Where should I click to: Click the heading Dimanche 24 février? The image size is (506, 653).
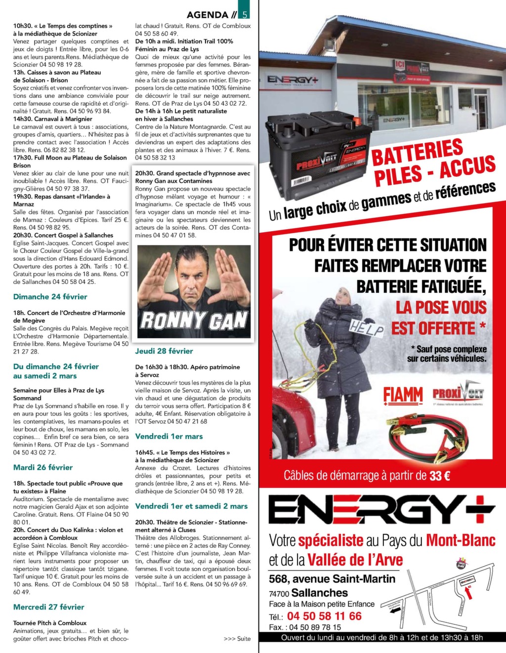point(50,297)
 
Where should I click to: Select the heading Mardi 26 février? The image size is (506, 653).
point(43,467)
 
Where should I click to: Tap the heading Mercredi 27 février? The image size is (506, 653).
point(49,607)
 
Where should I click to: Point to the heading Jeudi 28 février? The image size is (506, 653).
point(164,351)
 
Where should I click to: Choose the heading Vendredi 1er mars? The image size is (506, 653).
point(169,437)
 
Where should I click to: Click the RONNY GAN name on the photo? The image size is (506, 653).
point(194,321)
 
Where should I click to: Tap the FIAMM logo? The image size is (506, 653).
point(403,395)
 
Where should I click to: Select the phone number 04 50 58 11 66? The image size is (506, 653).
point(324,616)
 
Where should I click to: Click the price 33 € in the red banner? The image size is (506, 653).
point(440,476)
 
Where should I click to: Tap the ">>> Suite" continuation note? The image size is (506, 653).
point(237,639)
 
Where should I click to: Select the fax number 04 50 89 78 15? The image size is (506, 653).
point(315,627)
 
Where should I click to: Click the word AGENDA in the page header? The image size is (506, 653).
point(208,14)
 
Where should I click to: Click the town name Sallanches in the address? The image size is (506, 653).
point(319,593)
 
